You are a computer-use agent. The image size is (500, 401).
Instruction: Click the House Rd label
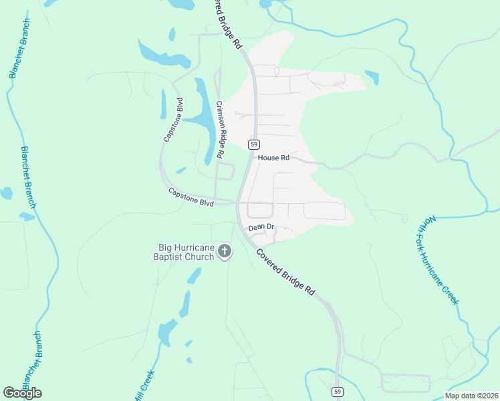(x=273, y=158)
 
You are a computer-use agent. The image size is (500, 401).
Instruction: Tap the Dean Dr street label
(x=261, y=227)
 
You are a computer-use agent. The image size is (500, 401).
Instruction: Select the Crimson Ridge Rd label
(x=222, y=129)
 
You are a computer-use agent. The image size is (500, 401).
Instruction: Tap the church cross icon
(x=225, y=252)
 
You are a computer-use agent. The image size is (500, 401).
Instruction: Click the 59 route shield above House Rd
(x=253, y=144)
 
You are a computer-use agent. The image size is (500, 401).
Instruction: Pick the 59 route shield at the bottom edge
(x=338, y=392)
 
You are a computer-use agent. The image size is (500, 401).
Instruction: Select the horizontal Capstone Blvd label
(x=191, y=196)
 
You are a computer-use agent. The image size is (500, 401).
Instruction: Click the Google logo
(x=22, y=393)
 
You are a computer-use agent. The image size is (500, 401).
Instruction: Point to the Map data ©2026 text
(x=471, y=396)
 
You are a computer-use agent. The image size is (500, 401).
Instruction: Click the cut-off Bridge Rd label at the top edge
(x=228, y=24)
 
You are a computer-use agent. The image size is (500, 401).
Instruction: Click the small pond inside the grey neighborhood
(x=372, y=77)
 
